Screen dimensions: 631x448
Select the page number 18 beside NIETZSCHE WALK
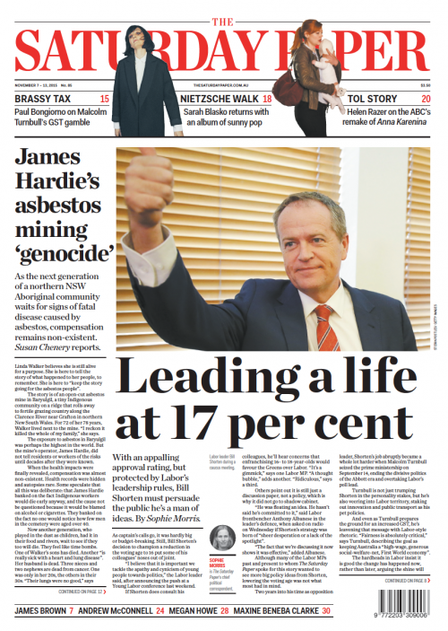267,98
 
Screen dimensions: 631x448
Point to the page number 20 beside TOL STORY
426,98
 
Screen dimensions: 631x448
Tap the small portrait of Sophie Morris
221,538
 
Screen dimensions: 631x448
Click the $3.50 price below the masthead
426,86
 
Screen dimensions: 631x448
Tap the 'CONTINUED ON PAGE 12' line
86,592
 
